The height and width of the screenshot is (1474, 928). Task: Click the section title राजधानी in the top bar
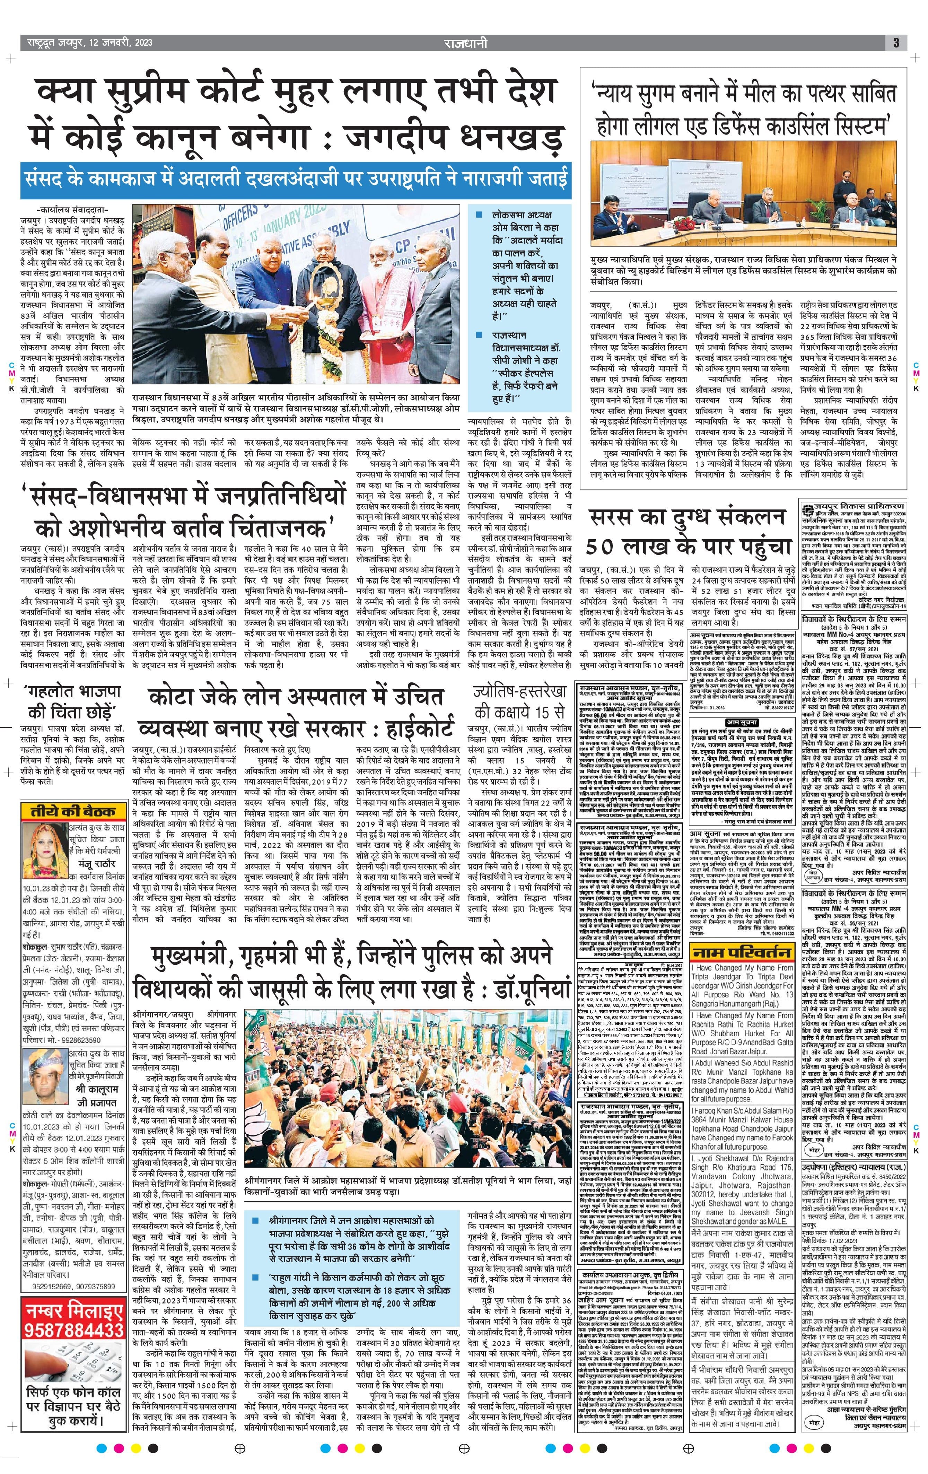tap(466, 43)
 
